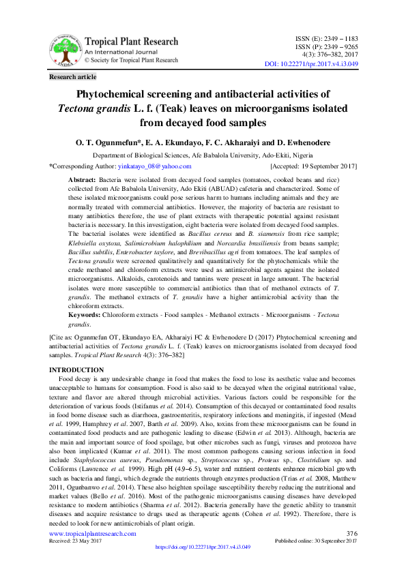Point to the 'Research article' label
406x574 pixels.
pyautogui.click(x=73, y=77)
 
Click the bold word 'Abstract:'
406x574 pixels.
pyautogui.click(x=82, y=179)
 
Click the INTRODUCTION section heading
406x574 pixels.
pyautogui.click(x=76, y=369)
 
